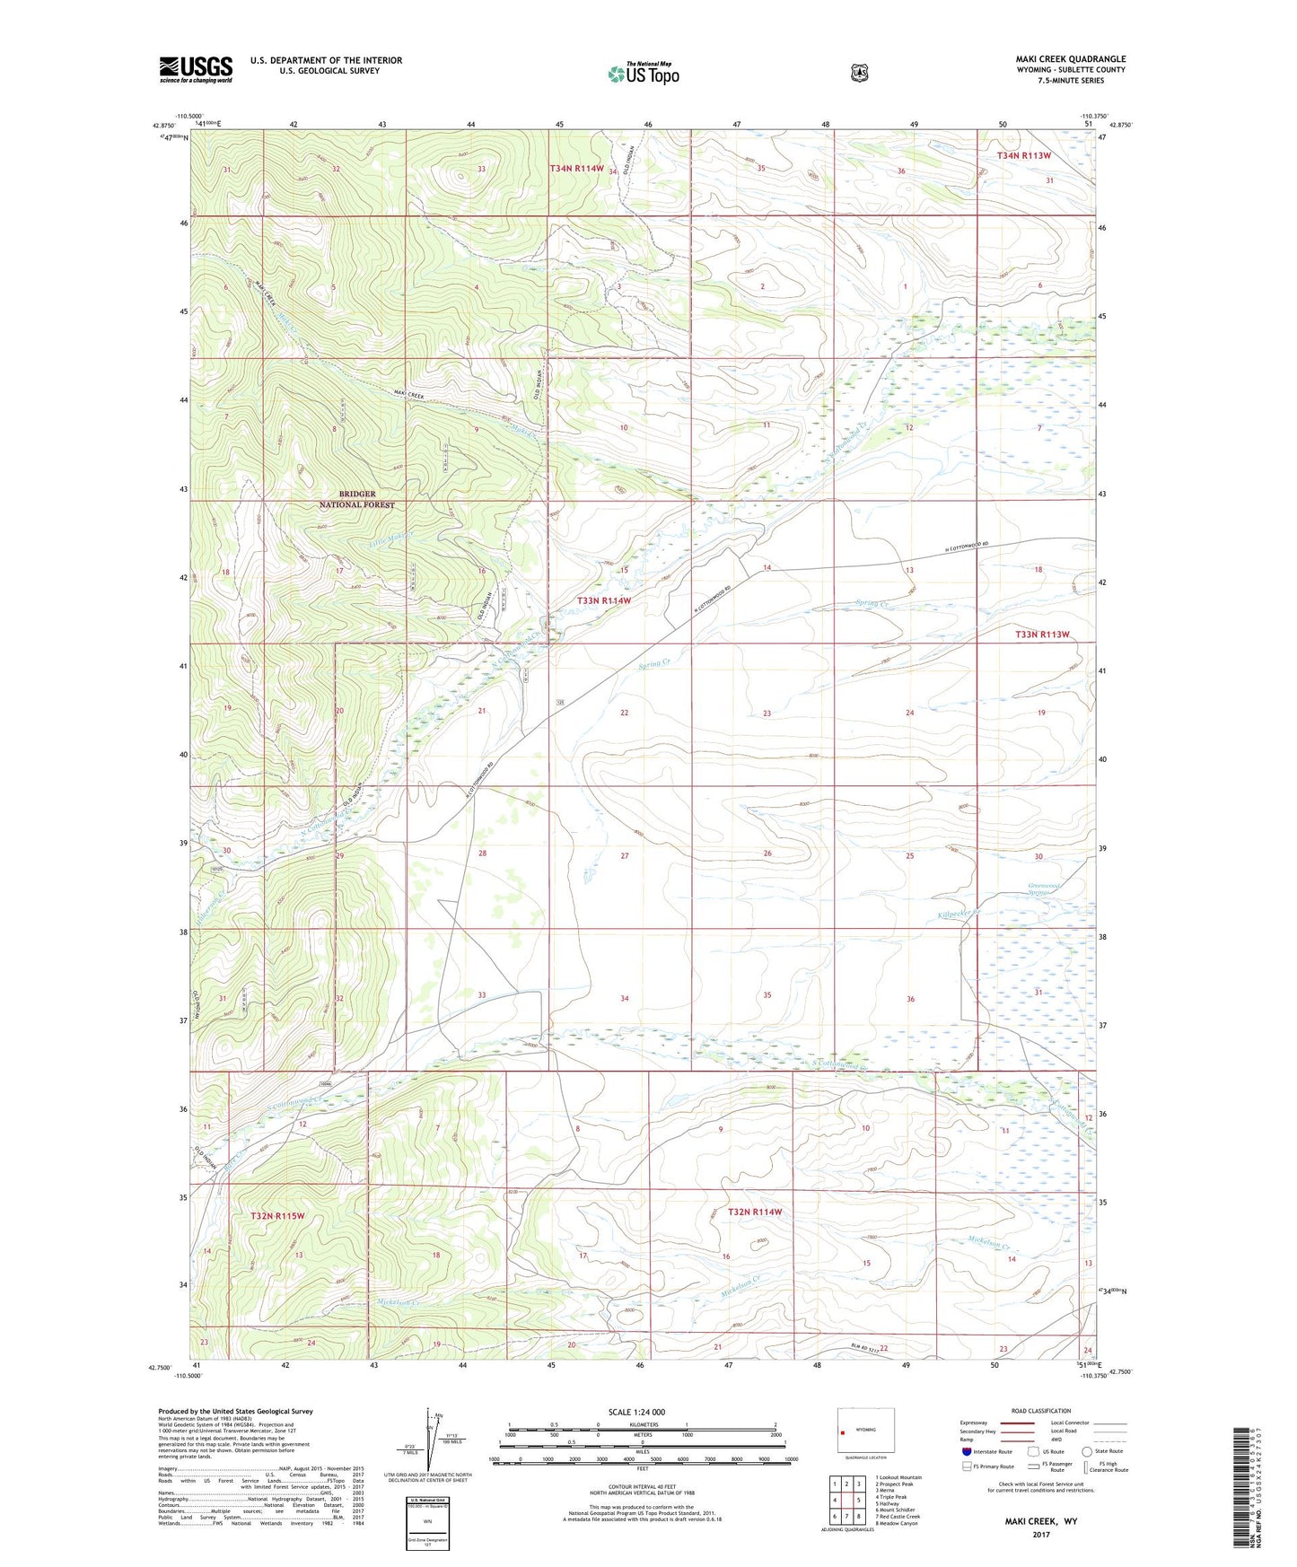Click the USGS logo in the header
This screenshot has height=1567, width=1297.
(x=196, y=69)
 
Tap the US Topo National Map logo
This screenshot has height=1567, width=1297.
(x=643, y=74)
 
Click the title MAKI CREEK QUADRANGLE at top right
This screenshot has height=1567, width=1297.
(x=1070, y=59)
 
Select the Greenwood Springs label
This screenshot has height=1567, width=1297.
(x=1044, y=889)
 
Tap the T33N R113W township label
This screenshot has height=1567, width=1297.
(x=1042, y=635)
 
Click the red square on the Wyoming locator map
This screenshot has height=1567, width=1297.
(x=843, y=1432)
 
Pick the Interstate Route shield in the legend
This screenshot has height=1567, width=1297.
(x=966, y=1451)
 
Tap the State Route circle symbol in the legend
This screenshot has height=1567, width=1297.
(x=1087, y=1450)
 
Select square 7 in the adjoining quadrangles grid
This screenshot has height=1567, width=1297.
(x=846, y=1517)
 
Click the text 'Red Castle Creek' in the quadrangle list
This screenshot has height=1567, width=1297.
(x=900, y=1516)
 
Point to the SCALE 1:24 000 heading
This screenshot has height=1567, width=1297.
(x=636, y=1412)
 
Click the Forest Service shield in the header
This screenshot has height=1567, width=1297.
(x=860, y=73)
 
